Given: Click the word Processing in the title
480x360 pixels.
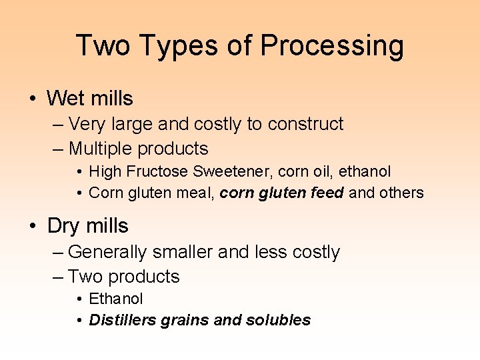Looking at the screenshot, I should click(x=331, y=46).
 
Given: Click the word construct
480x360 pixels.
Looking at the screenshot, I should click(x=305, y=124).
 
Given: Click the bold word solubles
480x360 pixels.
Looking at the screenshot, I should click(x=278, y=320).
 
